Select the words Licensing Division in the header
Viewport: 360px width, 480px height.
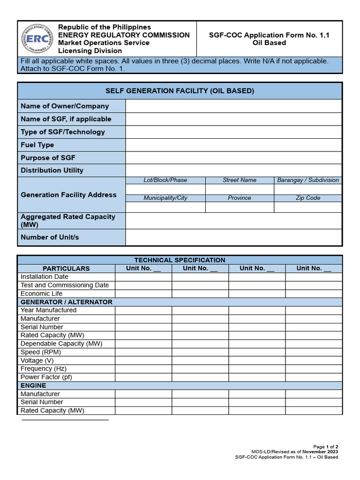90,51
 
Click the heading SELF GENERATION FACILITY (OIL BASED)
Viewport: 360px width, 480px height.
180,91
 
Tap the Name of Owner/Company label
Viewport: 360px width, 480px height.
65,106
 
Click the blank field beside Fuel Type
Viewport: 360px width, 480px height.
233,145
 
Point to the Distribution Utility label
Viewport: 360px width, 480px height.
52,170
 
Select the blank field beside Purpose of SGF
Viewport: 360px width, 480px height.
233,157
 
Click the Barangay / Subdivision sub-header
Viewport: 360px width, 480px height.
308,180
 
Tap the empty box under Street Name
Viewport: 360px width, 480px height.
240,189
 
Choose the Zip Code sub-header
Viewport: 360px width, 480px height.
308,198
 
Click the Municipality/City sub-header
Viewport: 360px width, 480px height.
165,198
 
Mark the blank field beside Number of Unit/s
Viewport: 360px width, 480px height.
233,237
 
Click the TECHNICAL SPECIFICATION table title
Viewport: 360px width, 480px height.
180,260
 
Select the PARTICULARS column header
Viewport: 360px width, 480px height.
66,269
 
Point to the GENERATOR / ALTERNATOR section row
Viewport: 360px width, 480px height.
67,302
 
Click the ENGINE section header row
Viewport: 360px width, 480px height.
33,385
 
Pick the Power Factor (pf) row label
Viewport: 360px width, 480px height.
46,377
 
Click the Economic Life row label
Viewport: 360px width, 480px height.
42,293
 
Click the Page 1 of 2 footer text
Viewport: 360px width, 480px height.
326,447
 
